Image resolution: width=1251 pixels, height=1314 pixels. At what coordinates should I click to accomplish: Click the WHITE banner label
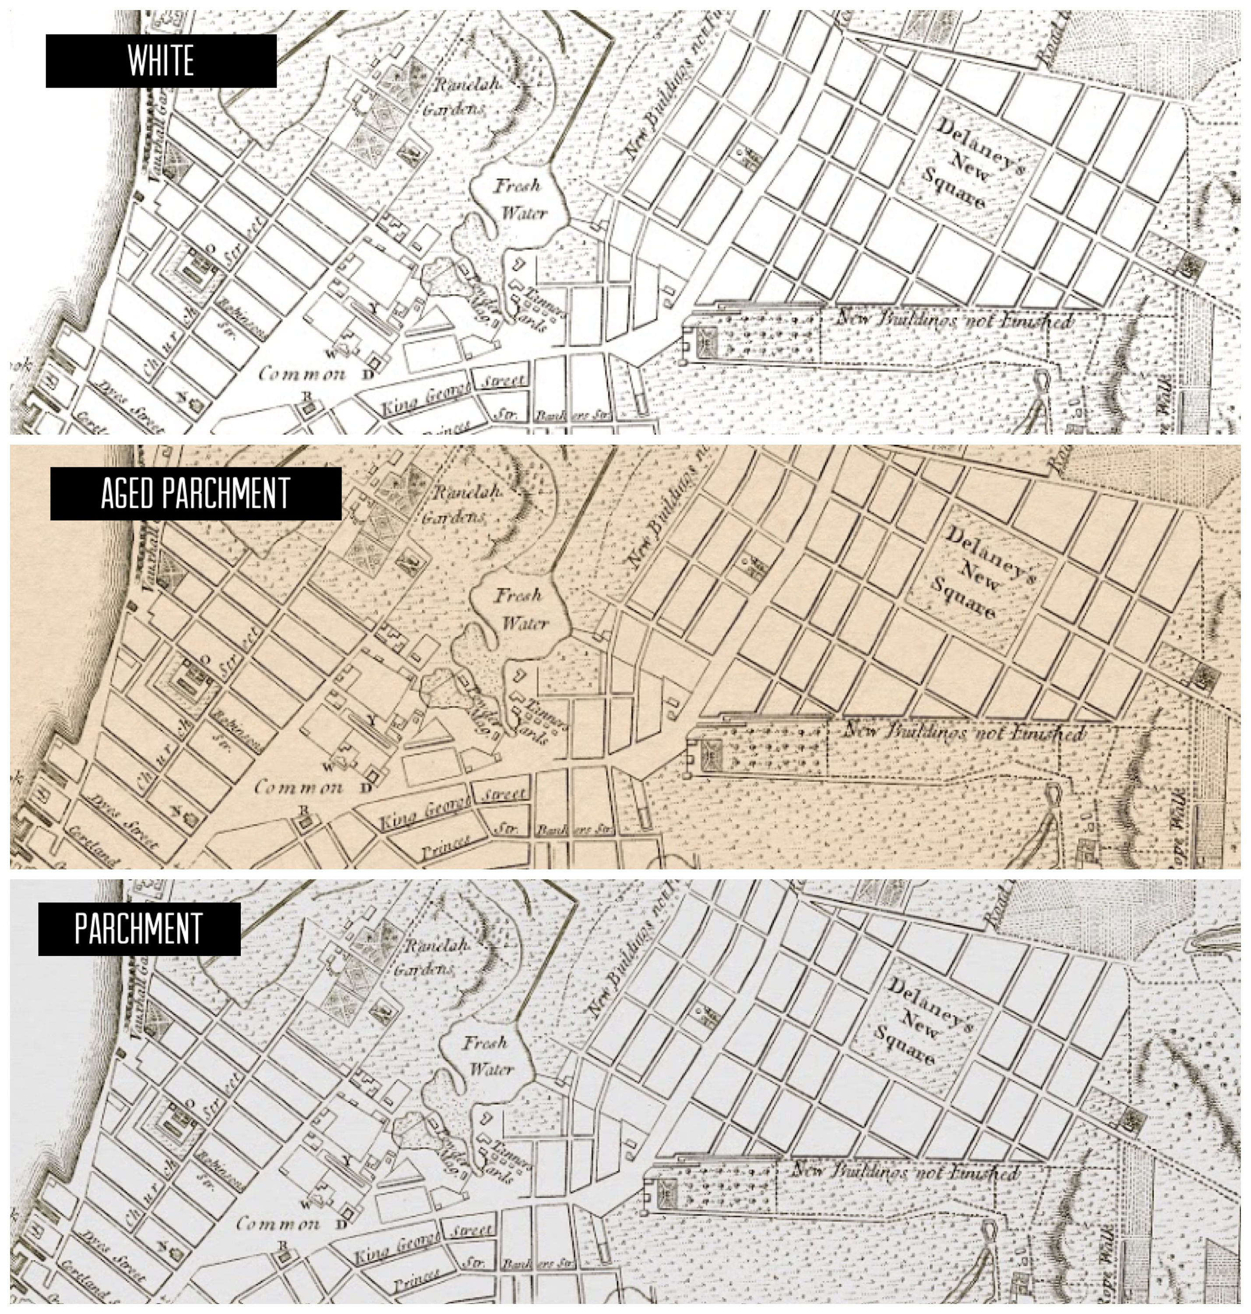pos(161,61)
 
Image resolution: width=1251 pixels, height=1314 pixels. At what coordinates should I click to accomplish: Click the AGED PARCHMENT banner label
pos(195,494)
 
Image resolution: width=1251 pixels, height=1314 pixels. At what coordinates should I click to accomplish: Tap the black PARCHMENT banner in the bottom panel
pos(139,929)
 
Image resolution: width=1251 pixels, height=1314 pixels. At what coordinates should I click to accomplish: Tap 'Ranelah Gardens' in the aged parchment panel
pos(459,504)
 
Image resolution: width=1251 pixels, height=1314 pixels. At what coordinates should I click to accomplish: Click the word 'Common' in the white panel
pos(302,374)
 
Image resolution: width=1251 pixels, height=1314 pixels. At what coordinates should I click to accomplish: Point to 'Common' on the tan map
pos(299,788)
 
